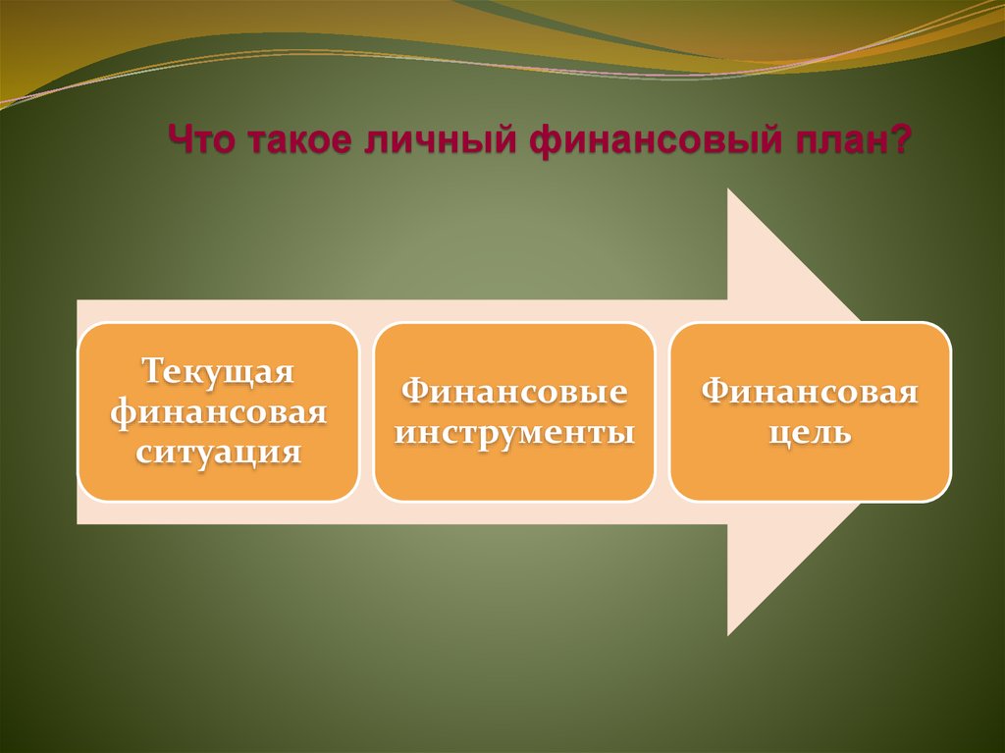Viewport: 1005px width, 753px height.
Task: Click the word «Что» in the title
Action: pos(199,139)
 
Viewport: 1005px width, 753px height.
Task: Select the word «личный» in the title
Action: pos(440,139)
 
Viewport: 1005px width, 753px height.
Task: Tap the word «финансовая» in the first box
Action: pos(218,412)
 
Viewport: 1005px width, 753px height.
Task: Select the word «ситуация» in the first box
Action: pos(218,453)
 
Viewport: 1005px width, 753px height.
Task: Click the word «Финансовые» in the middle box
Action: pos(514,391)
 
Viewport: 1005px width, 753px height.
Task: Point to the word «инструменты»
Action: pos(514,432)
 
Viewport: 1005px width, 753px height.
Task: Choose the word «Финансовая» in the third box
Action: pos(810,391)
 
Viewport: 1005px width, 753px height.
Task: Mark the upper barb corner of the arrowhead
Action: pos(727,189)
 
